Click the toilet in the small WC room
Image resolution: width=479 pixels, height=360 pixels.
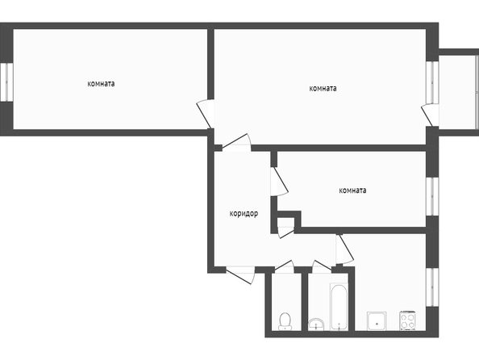285,321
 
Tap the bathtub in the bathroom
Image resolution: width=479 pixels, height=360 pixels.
339,307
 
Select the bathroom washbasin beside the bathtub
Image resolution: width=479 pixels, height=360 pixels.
316,324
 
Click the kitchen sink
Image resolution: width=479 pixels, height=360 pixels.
377,320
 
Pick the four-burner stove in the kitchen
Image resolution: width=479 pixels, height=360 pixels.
408,320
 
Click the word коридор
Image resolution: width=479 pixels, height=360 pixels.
244,213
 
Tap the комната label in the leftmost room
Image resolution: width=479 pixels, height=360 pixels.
101,83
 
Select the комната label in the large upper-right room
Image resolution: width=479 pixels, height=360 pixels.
323,89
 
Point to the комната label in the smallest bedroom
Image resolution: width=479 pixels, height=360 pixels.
352,190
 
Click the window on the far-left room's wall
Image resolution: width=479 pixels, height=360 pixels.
6,82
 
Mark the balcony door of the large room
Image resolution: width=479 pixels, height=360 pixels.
430,115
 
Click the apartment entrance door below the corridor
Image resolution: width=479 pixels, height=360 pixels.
240,275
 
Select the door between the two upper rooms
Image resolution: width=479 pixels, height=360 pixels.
206,114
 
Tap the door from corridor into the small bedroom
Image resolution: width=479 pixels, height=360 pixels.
279,182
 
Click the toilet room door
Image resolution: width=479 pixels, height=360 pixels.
284,266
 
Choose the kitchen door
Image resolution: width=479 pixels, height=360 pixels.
344,249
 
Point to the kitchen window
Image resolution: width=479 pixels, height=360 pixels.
432,287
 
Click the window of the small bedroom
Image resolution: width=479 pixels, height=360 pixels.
432,196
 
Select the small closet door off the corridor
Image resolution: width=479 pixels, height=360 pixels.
286,232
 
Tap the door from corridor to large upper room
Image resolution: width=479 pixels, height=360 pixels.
236,143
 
